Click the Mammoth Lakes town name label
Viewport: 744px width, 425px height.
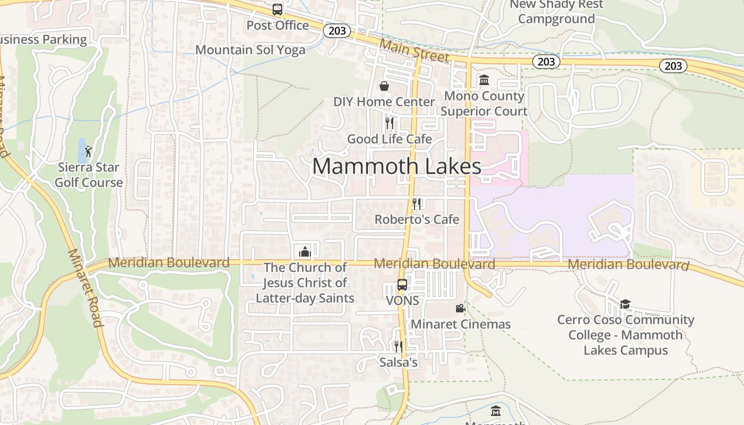pyautogui.click(x=396, y=166)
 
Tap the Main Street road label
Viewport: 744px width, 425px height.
pyautogui.click(x=415, y=51)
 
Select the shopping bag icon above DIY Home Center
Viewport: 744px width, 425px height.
pyautogui.click(x=384, y=86)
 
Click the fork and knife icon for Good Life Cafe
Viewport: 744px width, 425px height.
pyautogui.click(x=390, y=123)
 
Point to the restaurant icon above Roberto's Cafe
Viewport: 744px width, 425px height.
pyautogui.click(x=417, y=203)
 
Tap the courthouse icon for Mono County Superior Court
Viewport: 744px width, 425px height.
pyautogui.click(x=484, y=80)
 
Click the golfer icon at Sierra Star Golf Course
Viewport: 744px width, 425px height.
pyautogui.click(x=88, y=151)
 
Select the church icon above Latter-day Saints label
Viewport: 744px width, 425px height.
pyautogui.click(x=305, y=251)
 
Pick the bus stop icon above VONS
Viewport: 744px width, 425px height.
pyautogui.click(x=402, y=285)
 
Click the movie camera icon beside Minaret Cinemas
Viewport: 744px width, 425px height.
pyautogui.click(x=460, y=308)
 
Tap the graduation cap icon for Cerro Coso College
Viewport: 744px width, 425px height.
pyautogui.click(x=625, y=304)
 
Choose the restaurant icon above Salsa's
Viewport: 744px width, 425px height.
pyautogui.click(x=398, y=347)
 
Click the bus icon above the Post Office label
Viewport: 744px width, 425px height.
pyautogui.click(x=277, y=10)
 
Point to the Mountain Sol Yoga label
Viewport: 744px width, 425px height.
pyautogui.click(x=250, y=50)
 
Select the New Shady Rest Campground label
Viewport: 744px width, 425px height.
pyautogui.click(x=556, y=12)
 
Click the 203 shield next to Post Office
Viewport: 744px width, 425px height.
pyautogui.click(x=337, y=31)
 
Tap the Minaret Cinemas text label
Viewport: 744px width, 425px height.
pyautogui.click(x=461, y=324)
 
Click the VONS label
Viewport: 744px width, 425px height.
pyautogui.click(x=402, y=301)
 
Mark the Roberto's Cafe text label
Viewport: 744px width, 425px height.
pyautogui.click(x=417, y=219)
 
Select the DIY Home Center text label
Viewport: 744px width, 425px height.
pyautogui.click(x=384, y=101)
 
